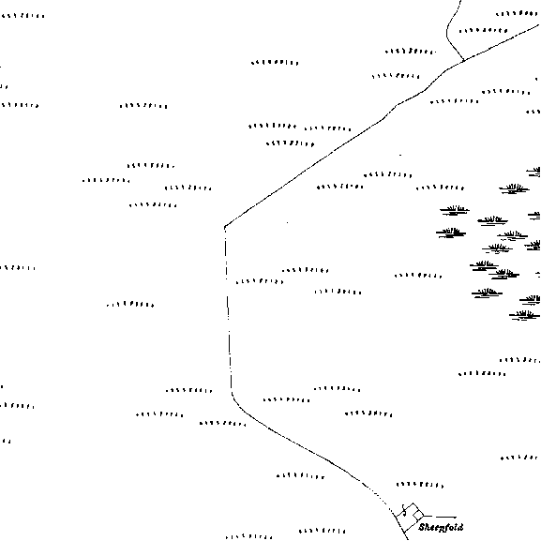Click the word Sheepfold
[441, 528]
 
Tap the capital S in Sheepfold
[422, 528]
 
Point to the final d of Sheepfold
[460, 527]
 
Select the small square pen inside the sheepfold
[418, 516]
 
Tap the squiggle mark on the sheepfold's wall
[404, 511]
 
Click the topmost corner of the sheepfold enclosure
[413, 503]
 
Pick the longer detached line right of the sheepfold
[446, 517]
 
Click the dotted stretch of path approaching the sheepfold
[377, 495]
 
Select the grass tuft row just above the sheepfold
[419, 485]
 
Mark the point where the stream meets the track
[463, 61]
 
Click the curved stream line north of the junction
[447, 31]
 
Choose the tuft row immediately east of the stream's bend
[483, 31]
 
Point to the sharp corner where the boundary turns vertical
[225, 227]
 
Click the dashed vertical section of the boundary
[228, 308]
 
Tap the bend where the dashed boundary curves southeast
[233, 396]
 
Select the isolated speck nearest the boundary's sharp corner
[288, 222]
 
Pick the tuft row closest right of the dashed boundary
[260, 281]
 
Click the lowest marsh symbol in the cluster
[524, 315]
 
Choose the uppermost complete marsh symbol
[514, 188]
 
